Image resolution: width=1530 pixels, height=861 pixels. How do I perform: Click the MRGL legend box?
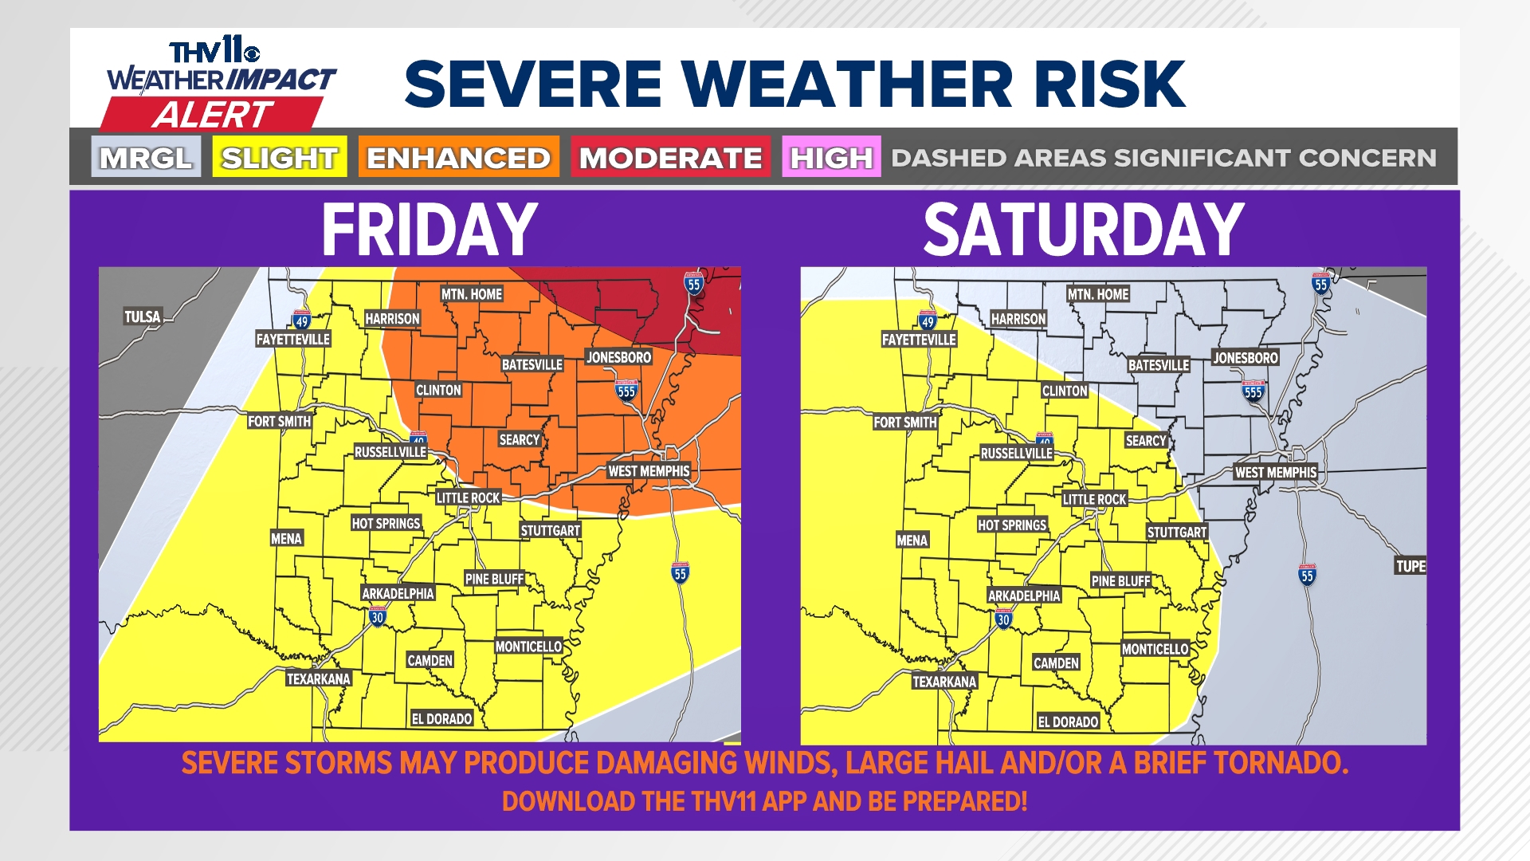click(146, 157)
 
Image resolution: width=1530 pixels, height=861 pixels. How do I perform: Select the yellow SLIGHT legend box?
click(279, 157)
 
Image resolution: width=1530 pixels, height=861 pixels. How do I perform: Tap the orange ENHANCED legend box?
click(458, 157)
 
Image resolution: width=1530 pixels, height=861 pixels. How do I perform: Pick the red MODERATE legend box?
click(670, 157)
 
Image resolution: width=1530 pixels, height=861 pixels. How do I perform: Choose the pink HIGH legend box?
click(831, 157)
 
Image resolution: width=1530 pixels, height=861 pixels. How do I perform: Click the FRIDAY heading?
click(430, 230)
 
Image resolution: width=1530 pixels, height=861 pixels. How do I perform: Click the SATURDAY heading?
click(1084, 230)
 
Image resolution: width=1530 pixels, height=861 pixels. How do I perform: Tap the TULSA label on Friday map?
click(143, 316)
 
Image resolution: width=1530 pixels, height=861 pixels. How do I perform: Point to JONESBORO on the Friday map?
click(618, 357)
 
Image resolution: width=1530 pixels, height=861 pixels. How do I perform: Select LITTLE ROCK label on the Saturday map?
click(1094, 499)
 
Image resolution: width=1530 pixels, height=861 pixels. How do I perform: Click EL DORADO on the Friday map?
click(441, 718)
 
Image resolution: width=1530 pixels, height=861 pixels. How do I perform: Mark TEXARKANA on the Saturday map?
click(944, 682)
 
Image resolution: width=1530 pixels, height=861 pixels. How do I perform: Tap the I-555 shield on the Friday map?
click(626, 390)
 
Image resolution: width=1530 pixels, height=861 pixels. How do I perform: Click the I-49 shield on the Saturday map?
click(927, 320)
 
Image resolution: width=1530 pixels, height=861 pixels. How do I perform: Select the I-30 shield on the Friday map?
click(378, 615)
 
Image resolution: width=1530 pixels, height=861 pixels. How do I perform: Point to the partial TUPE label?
click(1410, 566)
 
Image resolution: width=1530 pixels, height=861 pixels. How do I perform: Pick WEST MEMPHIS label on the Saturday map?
click(1275, 472)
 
